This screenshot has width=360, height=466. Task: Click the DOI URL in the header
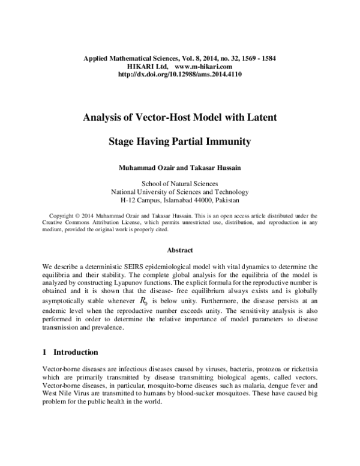click(180, 76)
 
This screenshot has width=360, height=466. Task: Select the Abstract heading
click(180, 250)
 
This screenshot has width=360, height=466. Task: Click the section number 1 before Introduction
click(45, 352)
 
